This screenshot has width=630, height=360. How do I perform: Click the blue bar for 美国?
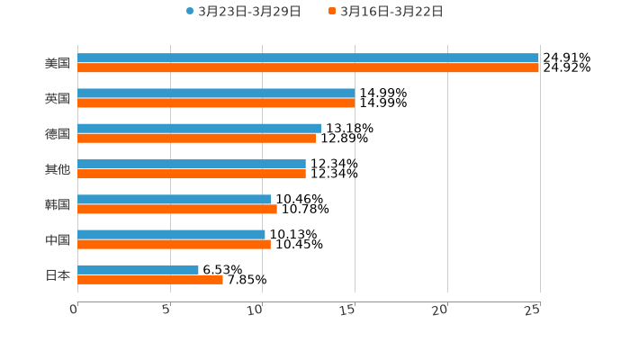point(308,58)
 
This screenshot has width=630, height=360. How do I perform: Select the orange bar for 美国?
point(308,67)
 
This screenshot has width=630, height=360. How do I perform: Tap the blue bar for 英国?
point(216,93)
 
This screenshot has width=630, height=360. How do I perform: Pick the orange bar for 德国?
point(197,139)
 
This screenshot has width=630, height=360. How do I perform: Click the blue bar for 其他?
point(192,164)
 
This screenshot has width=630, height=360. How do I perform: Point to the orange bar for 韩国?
point(177,209)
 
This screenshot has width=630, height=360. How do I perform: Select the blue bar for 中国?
point(171,234)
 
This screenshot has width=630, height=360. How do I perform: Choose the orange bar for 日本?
point(150,279)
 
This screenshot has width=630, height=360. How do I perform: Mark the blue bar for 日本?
point(138,269)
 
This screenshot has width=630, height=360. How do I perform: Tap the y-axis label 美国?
point(58,63)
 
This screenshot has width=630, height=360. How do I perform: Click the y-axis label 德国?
point(58,133)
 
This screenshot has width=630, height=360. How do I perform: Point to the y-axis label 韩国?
point(58,204)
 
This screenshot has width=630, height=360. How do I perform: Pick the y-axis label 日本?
point(58,274)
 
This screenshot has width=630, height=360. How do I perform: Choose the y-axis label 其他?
point(58,169)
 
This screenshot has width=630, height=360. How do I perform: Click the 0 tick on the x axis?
point(75,310)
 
